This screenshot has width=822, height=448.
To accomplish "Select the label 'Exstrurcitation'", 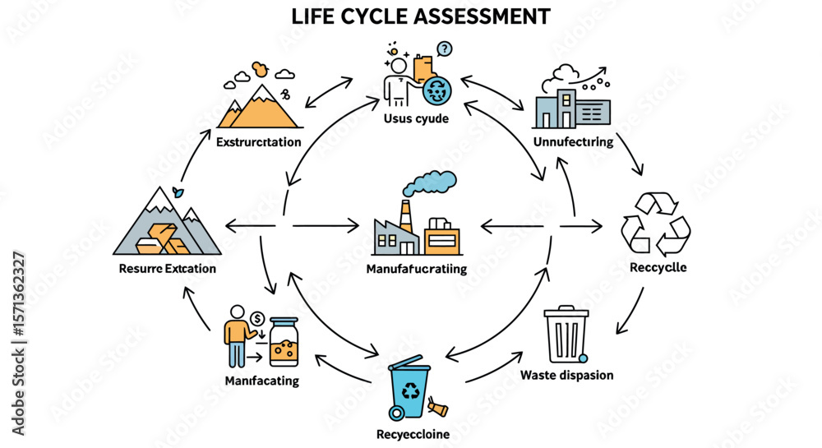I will [258, 142].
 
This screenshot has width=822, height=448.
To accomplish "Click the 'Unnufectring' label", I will [573, 141].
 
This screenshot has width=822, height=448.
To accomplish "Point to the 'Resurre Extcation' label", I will [167, 268].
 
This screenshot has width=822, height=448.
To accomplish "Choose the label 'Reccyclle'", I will [658, 267].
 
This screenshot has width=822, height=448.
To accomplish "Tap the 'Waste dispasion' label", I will [566, 375].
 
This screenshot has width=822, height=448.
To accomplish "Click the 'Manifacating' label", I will [261, 381].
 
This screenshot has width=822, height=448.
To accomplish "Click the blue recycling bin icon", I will [408, 389].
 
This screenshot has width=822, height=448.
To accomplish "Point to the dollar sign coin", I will [257, 318].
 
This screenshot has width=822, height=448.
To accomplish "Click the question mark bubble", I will [445, 49].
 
